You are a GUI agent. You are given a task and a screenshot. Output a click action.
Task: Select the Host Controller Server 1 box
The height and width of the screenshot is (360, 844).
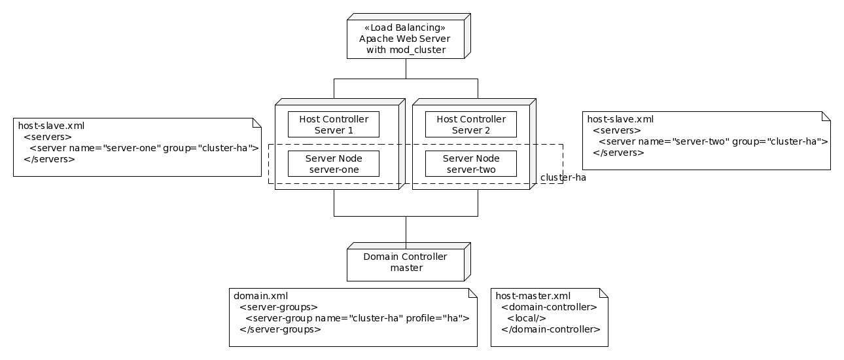pyautogui.click(x=333, y=124)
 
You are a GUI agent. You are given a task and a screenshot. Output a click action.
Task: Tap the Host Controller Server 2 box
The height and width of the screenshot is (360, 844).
pyautogui.click(x=470, y=124)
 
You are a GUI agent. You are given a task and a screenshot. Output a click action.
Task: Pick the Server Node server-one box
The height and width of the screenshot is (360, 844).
pyautogui.click(x=333, y=164)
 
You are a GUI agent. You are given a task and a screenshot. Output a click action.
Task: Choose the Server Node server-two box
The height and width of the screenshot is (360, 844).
pyautogui.click(x=470, y=164)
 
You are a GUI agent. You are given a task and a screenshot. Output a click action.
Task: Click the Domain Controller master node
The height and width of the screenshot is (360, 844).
pyautogui.click(x=405, y=262)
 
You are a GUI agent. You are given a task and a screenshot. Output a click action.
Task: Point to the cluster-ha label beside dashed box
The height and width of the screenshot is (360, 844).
pyautogui.click(x=563, y=177)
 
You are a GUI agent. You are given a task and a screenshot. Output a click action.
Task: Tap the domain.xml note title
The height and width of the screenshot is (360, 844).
pyautogui.click(x=260, y=296)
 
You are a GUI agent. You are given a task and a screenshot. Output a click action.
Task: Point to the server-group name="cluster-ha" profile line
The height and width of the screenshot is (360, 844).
pyautogui.click(x=357, y=318)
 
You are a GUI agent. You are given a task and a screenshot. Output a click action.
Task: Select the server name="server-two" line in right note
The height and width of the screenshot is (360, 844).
pyautogui.click(x=713, y=141)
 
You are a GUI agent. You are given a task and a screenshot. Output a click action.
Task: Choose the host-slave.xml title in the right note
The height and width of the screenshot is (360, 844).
pyautogui.click(x=620, y=119)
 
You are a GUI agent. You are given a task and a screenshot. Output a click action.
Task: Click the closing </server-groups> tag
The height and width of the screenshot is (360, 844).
pyautogui.click(x=280, y=329)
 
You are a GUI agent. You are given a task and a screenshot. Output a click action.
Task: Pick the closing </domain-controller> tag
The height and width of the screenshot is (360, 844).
pyautogui.click(x=550, y=329)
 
